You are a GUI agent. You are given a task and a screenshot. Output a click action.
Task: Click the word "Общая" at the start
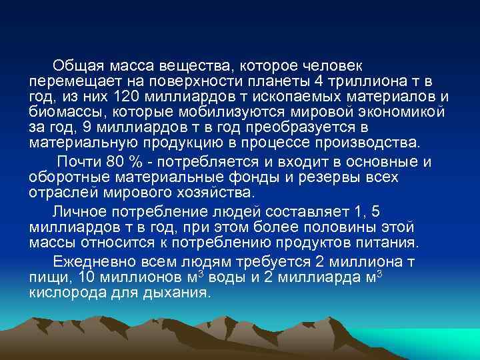(x=77, y=66)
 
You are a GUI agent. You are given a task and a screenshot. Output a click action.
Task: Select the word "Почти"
(x=79, y=162)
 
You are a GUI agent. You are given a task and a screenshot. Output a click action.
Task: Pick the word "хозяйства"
(x=211, y=193)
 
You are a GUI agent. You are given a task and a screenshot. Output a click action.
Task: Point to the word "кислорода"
(x=67, y=293)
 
